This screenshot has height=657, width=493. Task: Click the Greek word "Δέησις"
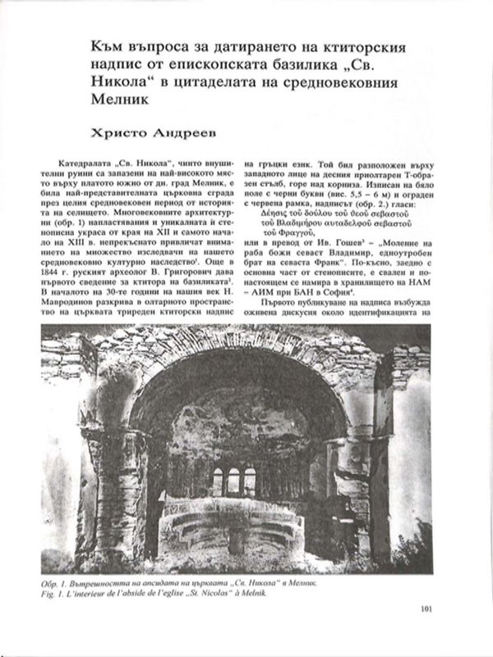(274, 210)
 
